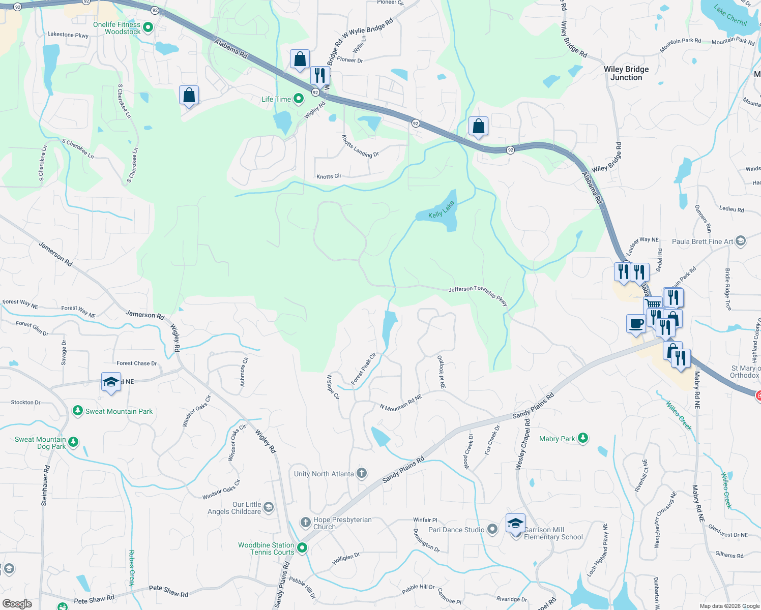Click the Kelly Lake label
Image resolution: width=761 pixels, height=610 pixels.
point(441,210)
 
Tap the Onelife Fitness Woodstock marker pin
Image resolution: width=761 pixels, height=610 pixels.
point(148,27)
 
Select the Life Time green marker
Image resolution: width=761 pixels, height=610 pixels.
point(299,99)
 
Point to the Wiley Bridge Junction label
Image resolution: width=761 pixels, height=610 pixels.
point(626,73)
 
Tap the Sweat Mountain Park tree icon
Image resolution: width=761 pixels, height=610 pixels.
point(77,410)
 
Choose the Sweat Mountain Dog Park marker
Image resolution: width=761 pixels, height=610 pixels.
point(73,442)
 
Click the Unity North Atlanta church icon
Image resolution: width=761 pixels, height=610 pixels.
point(362,473)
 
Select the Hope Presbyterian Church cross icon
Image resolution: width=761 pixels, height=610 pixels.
point(305,522)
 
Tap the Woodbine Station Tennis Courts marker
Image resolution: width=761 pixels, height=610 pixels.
point(302,547)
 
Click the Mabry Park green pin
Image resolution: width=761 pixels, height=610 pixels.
point(583,438)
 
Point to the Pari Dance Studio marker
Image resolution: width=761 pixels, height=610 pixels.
point(492,529)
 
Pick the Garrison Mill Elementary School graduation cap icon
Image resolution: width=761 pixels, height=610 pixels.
point(515,523)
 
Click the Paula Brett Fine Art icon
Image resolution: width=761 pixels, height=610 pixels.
point(741,241)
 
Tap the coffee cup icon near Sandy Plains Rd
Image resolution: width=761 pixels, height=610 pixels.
point(636,324)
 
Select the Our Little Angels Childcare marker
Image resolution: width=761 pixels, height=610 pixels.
point(269,507)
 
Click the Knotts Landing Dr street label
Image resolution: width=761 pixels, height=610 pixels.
point(360,146)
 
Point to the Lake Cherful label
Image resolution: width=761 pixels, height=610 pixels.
point(730,15)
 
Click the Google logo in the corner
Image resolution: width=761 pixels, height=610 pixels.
point(17,603)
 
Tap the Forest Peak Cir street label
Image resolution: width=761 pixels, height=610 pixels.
point(363,369)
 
